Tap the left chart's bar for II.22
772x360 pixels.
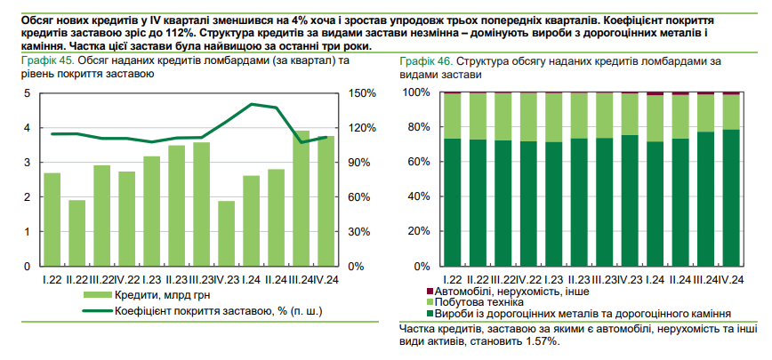(x=77, y=233)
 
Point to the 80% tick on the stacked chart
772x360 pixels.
(x=418, y=128)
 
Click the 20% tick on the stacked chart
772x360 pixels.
(x=418, y=232)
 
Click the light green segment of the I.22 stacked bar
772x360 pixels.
(x=453, y=116)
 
